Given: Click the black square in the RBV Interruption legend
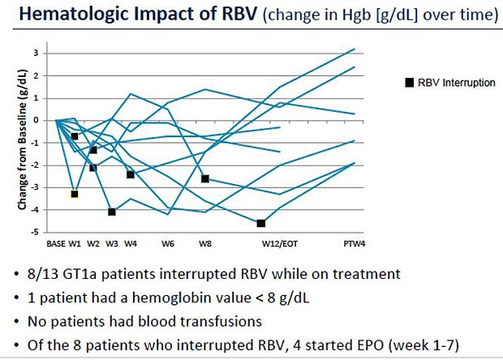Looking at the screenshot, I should pyautogui.click(x=411, y=83).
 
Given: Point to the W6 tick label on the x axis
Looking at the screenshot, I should pyautogui.click(x=168, y=242).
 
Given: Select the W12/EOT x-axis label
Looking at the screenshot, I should pyautogui.click(x=277, y=242).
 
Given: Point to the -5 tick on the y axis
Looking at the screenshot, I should pyautogui.click(x=45, y=233).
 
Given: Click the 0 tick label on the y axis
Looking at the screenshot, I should pyautogui.click(x=47, y=121).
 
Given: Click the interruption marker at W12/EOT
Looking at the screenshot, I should pyautogui.click(x=261, y=223).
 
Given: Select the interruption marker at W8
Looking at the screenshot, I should pyautogui.click(x=205, y=178).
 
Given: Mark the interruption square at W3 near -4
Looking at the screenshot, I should pyautogui.click(x=112, y=212).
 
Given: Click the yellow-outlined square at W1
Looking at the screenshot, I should pyautogui.click(x=75, y=194).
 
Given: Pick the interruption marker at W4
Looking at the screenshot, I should pyautogui.click(x=130, y=174).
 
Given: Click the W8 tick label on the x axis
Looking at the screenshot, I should pyautogui.click(x=205, y=242).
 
